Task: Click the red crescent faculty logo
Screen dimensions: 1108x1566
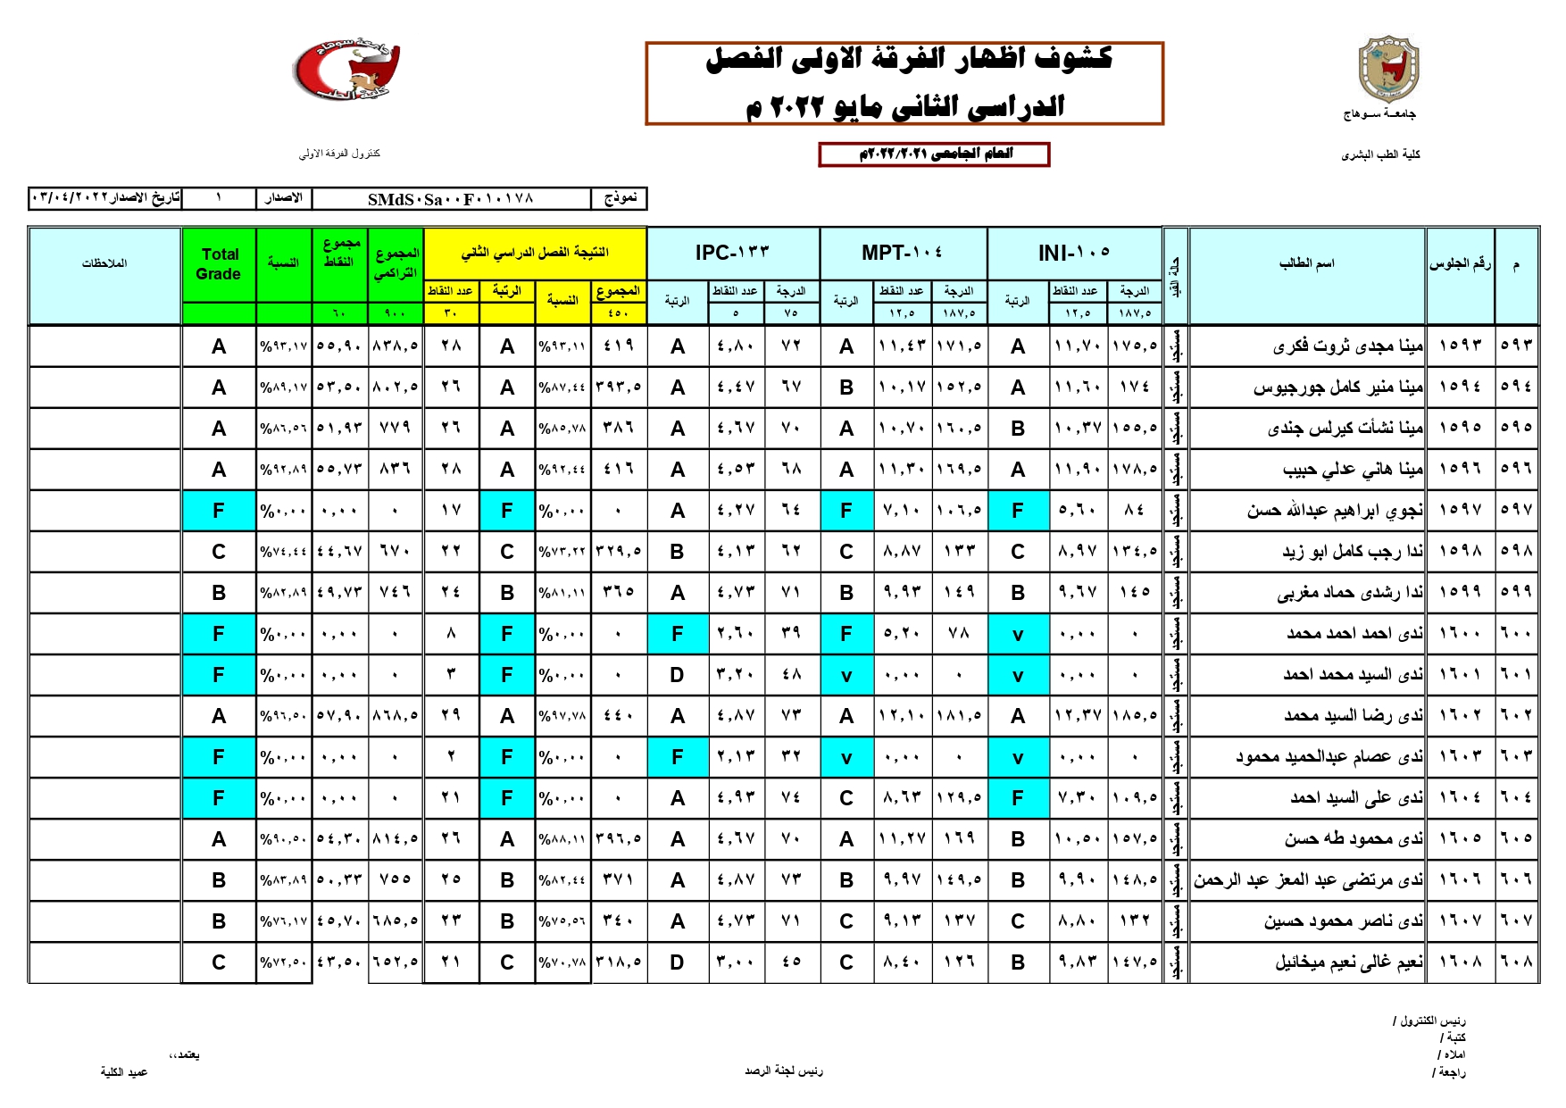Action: [346, 70]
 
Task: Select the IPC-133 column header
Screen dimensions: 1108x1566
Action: [732, 254]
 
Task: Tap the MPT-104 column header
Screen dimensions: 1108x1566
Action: [902, 254]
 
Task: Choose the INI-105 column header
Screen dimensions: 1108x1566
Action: [1074, 254]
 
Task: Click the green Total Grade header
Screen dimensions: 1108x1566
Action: [219, 264]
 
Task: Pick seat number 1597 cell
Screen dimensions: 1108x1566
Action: [1460, 511]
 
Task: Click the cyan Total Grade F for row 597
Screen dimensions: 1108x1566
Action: [219, 511]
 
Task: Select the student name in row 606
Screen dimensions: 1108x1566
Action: [1308, 880]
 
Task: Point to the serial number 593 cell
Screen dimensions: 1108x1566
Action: [1516, 346]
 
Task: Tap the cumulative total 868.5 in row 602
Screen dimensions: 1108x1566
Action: [395, 716]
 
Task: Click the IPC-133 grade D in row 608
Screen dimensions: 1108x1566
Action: [677, 962]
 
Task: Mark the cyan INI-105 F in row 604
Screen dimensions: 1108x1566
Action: [1017, 798]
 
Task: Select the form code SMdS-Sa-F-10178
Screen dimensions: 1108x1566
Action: [451, 199]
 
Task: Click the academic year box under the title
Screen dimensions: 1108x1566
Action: [934, 154]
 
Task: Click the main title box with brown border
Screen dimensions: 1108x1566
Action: [904, 83]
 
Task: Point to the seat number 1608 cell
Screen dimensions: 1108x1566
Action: [1460, 962]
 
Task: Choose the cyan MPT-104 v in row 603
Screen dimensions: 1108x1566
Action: [845, 757]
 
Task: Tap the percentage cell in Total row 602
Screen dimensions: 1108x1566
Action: [283, 716]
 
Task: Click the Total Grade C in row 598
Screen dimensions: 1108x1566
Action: [219, 552]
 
